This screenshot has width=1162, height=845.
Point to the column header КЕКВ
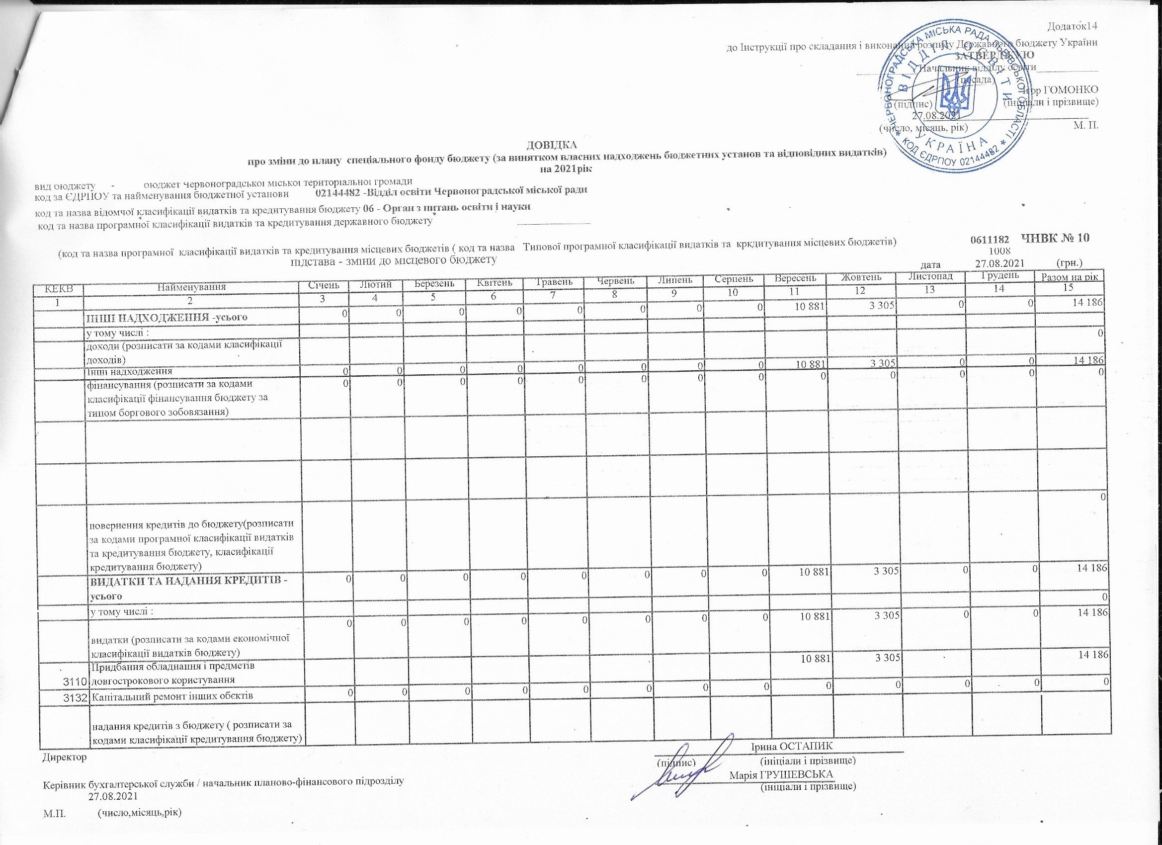(59, 287)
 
